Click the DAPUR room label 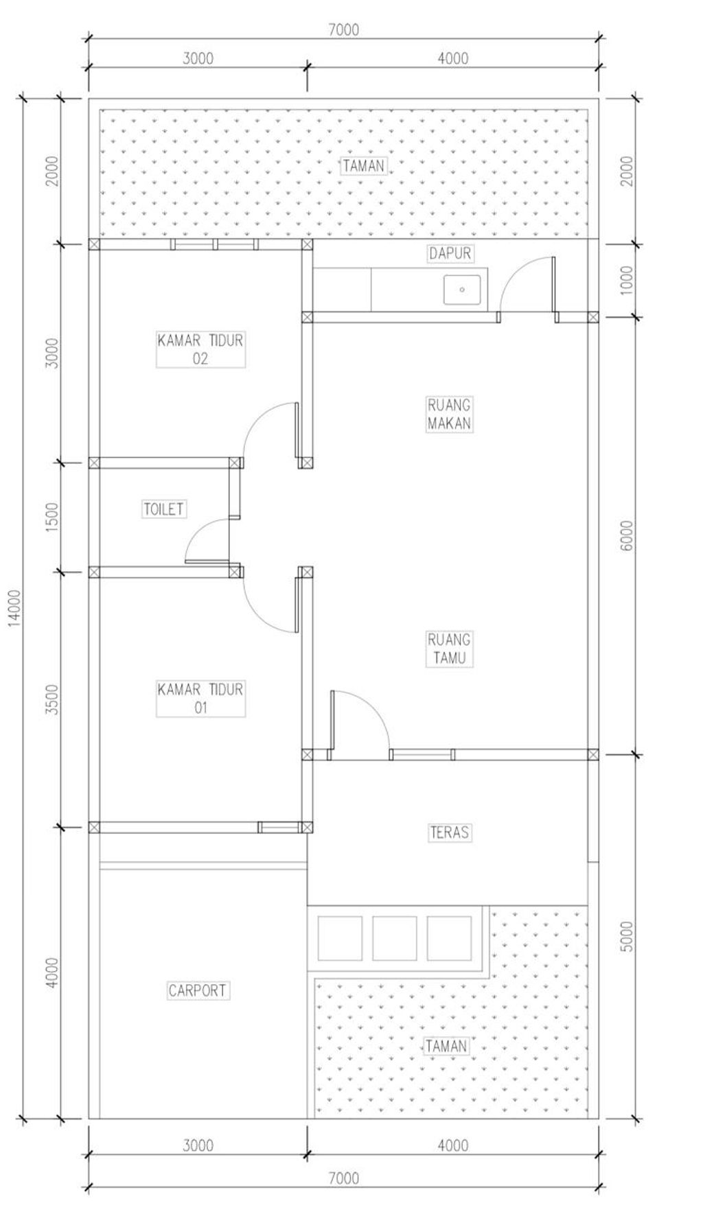tap(450, 253)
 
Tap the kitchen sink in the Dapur tap(462, 290)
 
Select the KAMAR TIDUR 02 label tap(200, 349)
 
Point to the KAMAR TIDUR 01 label tap(200, 698)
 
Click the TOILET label tap(164, 509)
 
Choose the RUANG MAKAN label tap(450, 414)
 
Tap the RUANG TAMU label tap(450, 649)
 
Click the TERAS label tap(450, 832)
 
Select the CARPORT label tap(198, 990)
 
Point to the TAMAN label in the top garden tap(364, 165)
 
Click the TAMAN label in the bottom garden tap(446, 1046)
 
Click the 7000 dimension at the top tap(344, 30)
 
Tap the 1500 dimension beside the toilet tap(53, 517)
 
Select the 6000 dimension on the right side tap(627, 535)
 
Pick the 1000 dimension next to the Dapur tap(627, 280)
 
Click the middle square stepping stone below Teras tap(394, 938)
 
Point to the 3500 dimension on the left tap(53, 699)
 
